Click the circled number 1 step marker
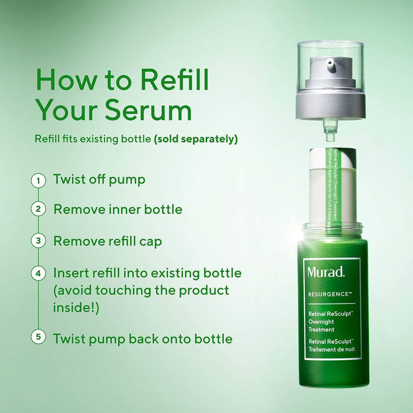click(38, 180)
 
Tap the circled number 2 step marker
click(38, 209)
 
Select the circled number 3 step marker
click(38, 241)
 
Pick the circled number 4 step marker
click(38, 273)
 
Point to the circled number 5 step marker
click(38, 337)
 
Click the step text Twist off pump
click(99, 180)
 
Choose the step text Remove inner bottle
click(118, 209)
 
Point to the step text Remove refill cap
click(107, 241)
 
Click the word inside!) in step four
click(76, 308)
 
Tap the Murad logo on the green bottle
click(325, 272)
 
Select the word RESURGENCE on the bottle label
click(330, 294)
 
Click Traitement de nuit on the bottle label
click(332, 349)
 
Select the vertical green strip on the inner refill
click(330, 190)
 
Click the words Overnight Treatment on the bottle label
click(321, 325)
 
